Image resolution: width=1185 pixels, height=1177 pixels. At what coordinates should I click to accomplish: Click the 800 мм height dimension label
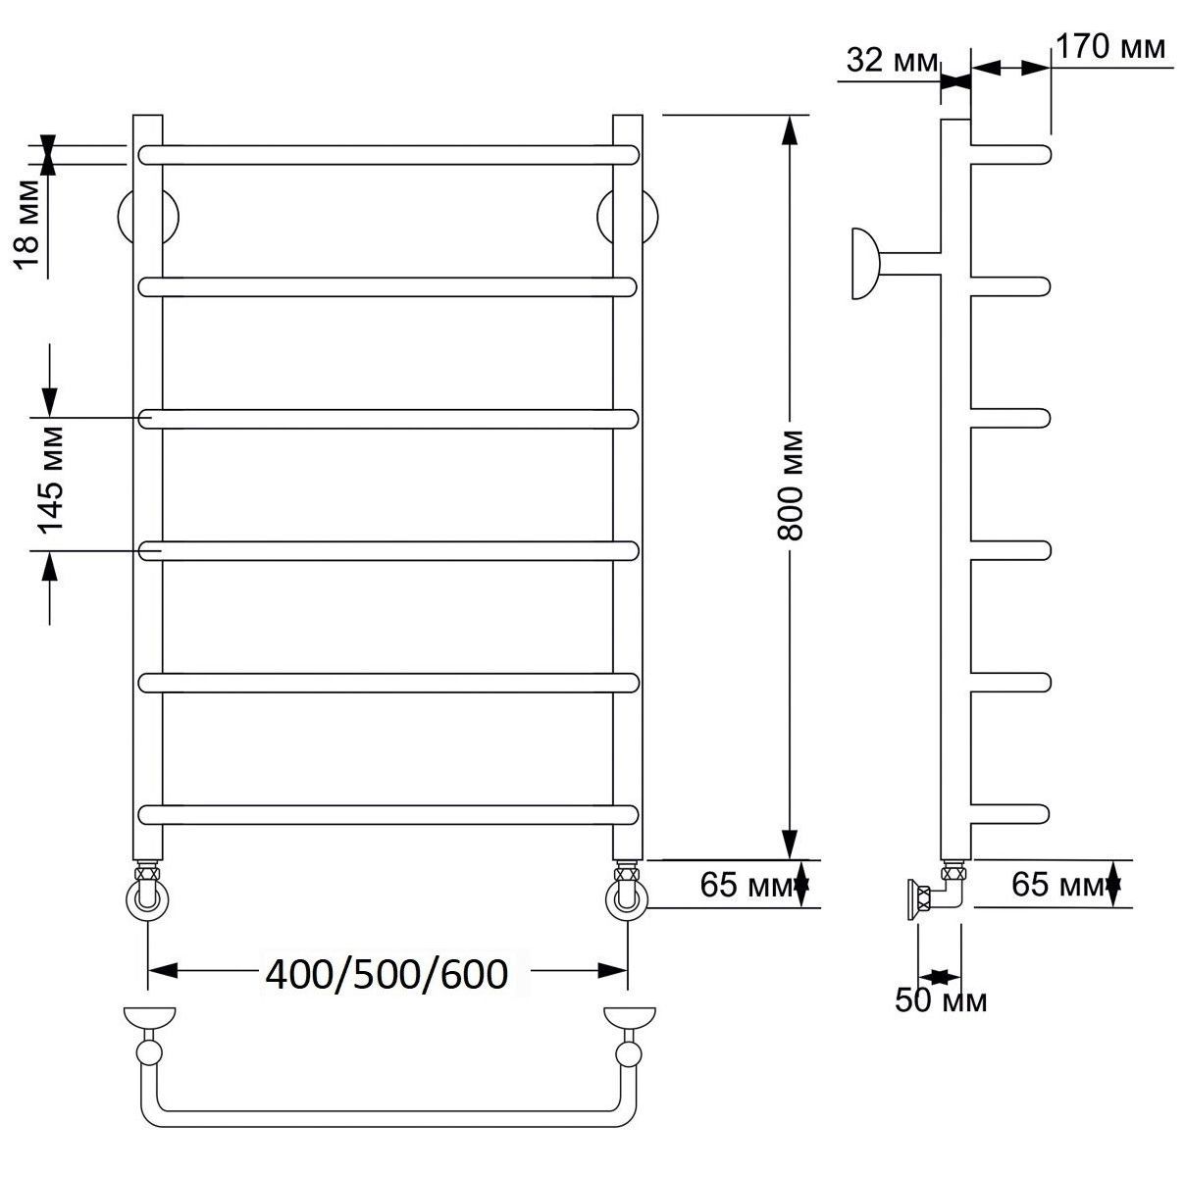tap(790, 486)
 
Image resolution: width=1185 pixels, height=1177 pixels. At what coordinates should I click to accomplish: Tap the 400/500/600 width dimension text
tap(386, 974)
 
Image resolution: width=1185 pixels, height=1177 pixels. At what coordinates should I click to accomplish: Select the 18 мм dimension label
tap(26, 225)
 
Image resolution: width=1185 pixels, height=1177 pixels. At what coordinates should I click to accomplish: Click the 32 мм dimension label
tap(892, 60)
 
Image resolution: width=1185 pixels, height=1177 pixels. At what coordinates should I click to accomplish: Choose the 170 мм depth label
tap(1110, 46)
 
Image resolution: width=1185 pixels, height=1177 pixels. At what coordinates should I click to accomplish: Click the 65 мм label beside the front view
tap(747, 885)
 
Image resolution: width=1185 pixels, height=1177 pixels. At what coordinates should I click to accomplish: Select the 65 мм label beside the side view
tap(1058, 885)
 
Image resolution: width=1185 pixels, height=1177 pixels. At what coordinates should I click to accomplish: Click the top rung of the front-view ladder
tap(388, 155)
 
